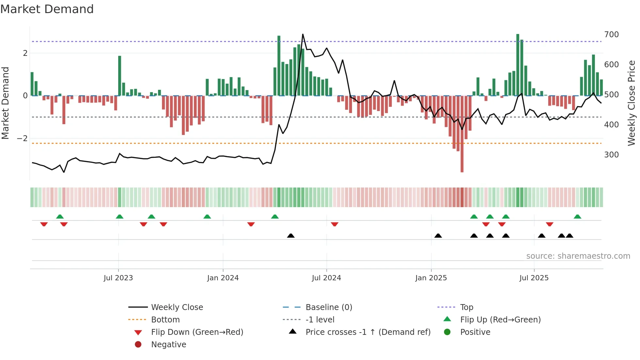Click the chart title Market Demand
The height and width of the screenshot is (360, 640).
coord(47,9)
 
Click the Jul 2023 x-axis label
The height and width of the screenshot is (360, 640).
coord(118,278)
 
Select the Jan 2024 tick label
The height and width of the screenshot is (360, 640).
coord(223,278)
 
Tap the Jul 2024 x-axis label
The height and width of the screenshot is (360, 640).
coord(326,278)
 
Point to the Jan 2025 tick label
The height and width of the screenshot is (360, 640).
coord(431,278)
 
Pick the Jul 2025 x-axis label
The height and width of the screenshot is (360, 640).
coord(534,278)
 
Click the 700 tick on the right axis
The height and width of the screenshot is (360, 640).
coord(611,35)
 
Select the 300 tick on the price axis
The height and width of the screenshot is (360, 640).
coord(611,155)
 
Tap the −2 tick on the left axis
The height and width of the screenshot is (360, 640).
coord(22,139)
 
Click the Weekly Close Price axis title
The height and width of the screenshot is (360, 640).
coord(632,103)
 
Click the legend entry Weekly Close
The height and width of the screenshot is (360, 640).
coord(177,307)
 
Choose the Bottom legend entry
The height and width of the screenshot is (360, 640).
coord(165,320)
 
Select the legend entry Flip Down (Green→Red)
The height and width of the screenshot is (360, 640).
coord(197,332)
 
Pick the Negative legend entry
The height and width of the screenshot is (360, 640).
coord(168,345)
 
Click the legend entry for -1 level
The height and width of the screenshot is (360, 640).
coord(320,320)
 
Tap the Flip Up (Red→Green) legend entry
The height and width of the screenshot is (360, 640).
coord(500,320)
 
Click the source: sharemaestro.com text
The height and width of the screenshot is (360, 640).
coord(578,256)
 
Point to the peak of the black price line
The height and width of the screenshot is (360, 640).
coord(303,34)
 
